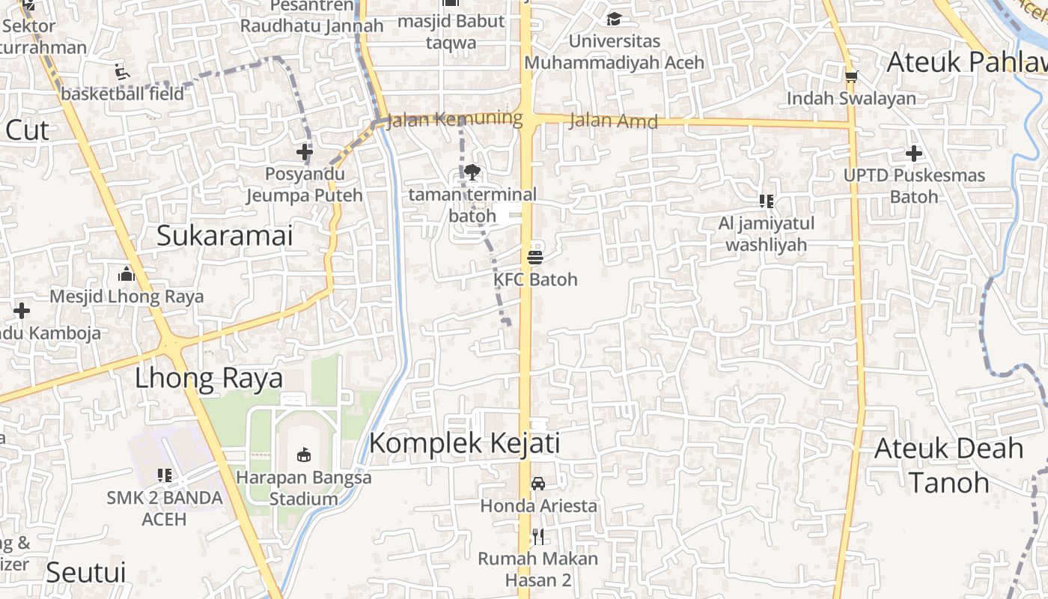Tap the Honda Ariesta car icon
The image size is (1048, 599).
click(x=537, y=484)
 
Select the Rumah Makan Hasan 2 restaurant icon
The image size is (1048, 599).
click(x=537, y=536)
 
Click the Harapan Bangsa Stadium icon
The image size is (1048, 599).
click(x=303, y=454)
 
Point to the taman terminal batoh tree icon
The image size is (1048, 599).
click(x=472, y=173)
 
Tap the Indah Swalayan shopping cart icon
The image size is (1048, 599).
click(x=851, y=76)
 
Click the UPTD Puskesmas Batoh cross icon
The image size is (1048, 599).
click(x=913, y=153)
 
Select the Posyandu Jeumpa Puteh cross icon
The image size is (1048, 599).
click(x=304, y=153)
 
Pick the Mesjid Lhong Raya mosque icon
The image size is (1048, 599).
click(x=126, y=274)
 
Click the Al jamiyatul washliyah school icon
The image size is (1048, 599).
click(x=766, y=201)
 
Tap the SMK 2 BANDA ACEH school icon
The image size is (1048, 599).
click(x=165, y=475)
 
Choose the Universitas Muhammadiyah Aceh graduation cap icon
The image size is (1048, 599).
click(x=614, y=19)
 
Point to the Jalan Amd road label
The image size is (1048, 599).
click(x=613, y=121)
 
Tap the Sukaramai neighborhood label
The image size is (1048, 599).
click(x=225, y=236)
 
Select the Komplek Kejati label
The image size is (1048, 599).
click(x=464, y=443)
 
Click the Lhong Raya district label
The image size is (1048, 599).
click(x=209, y=378)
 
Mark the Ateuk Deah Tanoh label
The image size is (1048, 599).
click(x=948, y=465)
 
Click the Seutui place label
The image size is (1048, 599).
click(x=85, y=572)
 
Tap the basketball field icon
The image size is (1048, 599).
click(x=121, y=72)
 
